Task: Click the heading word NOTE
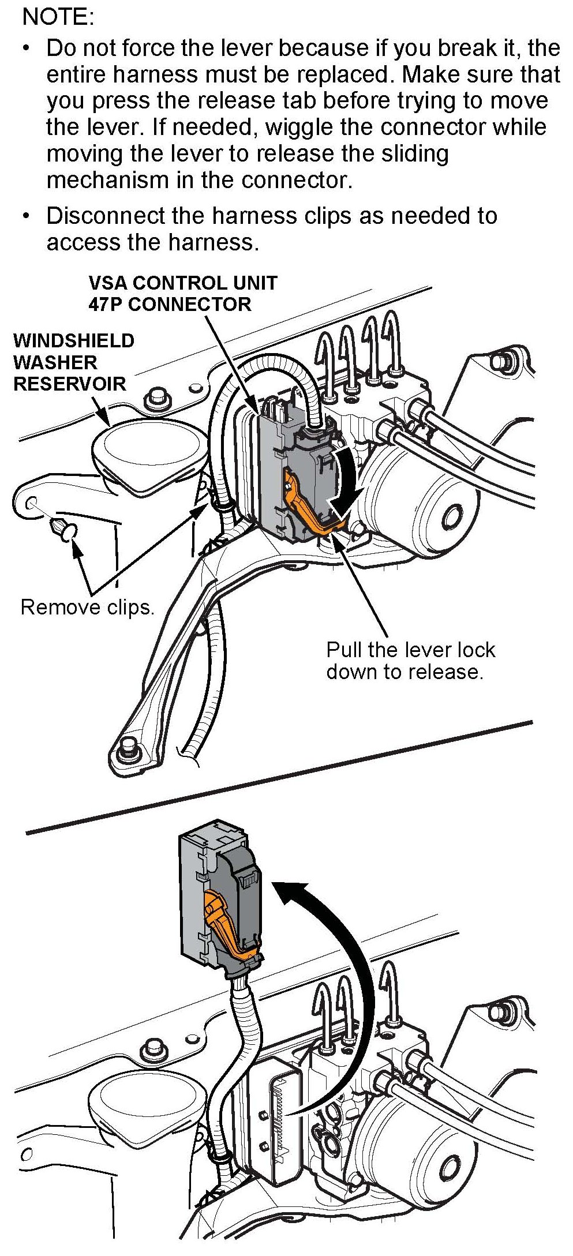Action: click(x=57, y=17)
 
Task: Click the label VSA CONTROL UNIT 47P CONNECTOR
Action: click(x=182, y=293)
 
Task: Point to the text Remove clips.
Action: click(x=87, y=607)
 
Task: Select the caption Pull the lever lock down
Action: click(x=410, y=660)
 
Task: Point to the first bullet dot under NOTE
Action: click(x=25, y=48)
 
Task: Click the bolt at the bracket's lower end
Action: click(x=126, y=751)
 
